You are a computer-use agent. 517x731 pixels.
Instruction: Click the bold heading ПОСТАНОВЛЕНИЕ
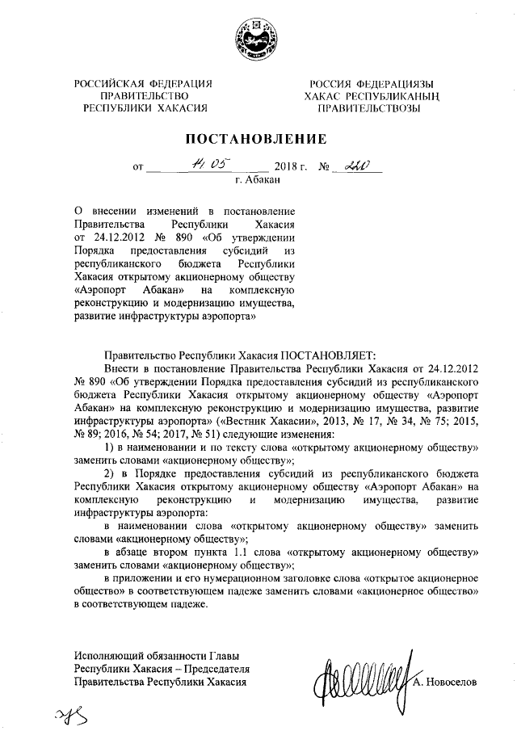pos(257,138)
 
